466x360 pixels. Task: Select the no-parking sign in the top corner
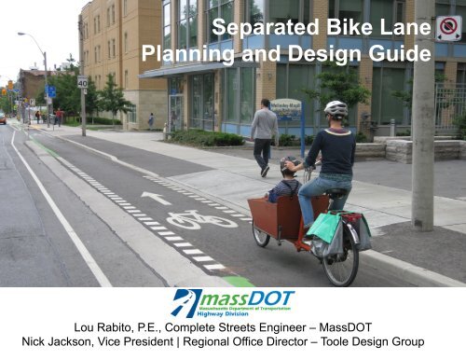[x=447, y=28]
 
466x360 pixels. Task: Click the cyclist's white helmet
[x=336, y=108]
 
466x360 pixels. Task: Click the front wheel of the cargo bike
[x=261, y=233]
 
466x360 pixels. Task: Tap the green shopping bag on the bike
[x=323, y=226]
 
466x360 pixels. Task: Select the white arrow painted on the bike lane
[x=156, y=198]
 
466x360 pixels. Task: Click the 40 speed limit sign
[x=82, y=82]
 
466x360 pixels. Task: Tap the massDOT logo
[x=232, y=301]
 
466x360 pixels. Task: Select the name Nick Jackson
[x=55, y=343]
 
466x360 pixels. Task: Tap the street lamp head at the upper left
[x=21, y=35]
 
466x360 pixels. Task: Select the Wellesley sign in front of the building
[x=285, y=105]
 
